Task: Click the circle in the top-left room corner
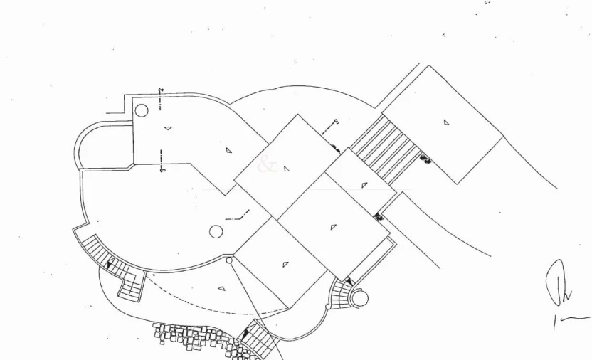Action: pos(142,110)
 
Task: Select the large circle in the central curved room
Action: pos(216,231)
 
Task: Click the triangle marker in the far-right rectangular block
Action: pos(446,122)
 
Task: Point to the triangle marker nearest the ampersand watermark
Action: pos(286,169)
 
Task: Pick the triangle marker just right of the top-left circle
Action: pos(168,128)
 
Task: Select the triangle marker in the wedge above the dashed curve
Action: pos(221,289)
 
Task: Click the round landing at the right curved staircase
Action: pos(359,298)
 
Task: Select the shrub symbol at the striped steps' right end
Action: pos(425,159)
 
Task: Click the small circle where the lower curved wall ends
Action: pos(229,260)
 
